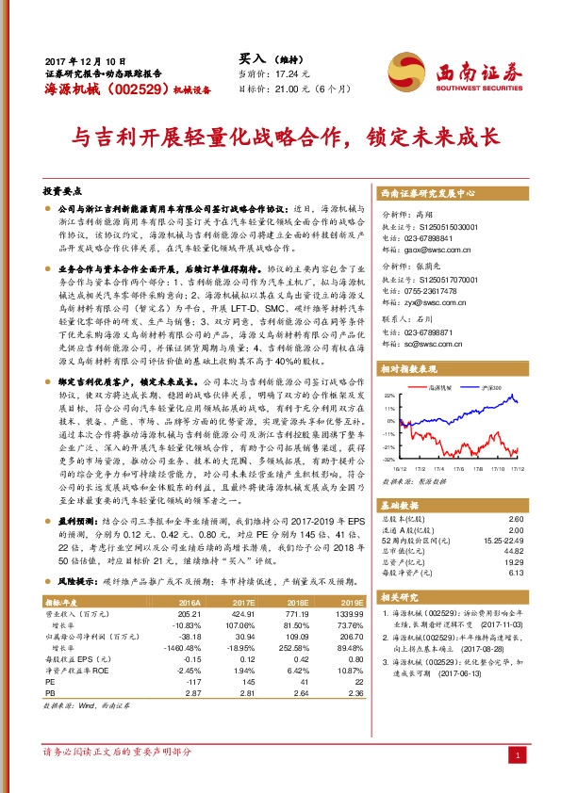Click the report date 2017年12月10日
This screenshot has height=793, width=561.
coord(77,58)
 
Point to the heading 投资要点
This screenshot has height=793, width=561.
coord(64,189)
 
